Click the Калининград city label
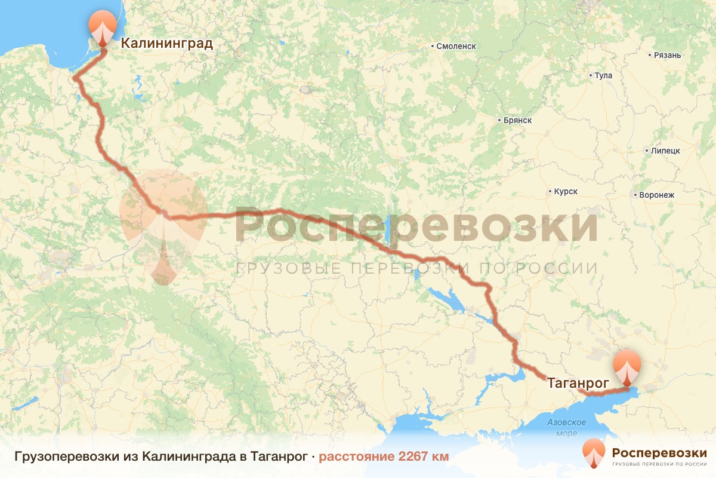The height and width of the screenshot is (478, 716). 166,43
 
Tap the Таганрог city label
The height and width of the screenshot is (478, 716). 578,382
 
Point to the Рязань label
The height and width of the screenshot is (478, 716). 667,56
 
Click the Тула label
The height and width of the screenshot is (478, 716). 603,76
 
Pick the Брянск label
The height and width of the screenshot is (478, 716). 517,120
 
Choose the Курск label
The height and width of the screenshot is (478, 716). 566,192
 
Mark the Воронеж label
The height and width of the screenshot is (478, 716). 656,195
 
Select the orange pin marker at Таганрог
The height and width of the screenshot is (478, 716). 626,366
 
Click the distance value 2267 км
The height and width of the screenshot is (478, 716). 423,456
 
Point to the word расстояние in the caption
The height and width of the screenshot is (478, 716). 355,456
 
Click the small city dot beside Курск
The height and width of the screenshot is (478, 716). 549,192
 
